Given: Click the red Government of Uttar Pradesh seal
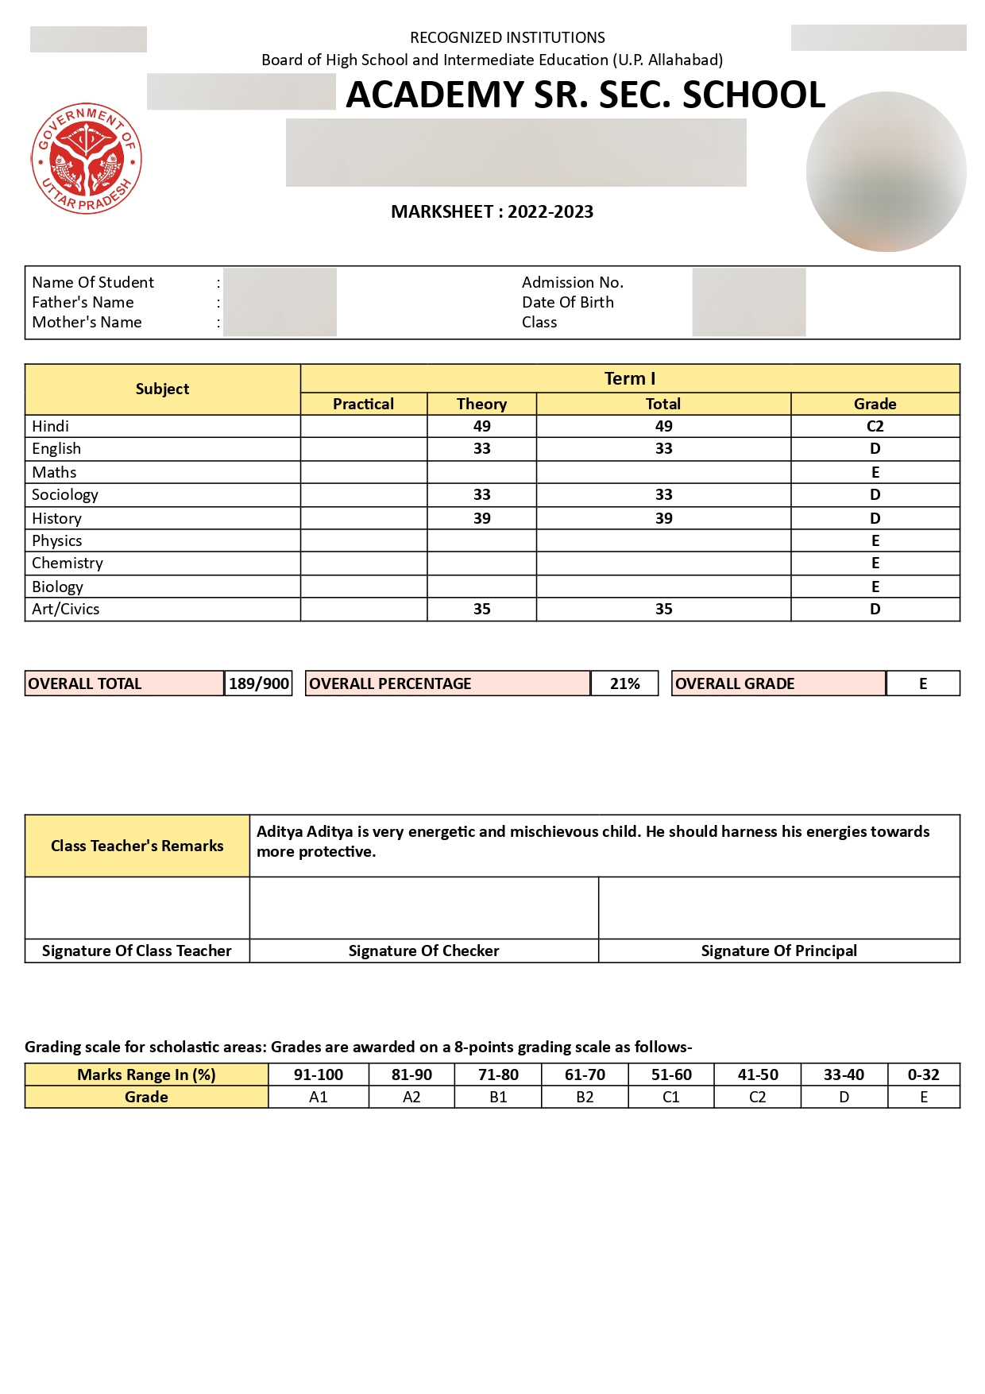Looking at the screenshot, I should [x=87, y=159].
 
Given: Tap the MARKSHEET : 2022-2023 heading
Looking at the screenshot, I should [x=492, y=212].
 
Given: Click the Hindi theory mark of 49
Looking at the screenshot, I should [x=481, y=426].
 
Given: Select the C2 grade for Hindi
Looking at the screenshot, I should [x=875, y=426].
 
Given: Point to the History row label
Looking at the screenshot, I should [x=56, y=518].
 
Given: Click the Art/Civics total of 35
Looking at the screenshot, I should [x=663, y=609].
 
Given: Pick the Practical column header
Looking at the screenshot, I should [x=363, y=404].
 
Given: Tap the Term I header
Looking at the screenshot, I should [x=629, y=378].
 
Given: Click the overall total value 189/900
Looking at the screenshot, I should [x=259, y=683].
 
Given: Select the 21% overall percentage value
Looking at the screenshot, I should [x=624, y=683].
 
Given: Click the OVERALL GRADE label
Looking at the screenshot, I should [x=735, y=683].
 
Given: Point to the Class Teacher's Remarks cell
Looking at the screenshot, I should [x=137, y=846].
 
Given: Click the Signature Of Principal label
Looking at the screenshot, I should [x=778, y=951].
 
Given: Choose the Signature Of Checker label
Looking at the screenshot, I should [x=423, y=951].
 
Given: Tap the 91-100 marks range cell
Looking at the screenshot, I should [x=319, y=1075].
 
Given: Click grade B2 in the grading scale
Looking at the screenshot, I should [x=585, y=1097].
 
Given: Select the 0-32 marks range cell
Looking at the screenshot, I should [x=923, y=1075].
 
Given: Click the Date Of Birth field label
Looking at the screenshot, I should [x=567, y=302].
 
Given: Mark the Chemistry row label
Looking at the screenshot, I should [x=68, y=563].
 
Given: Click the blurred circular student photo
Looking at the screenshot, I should [x=886, y=172].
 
